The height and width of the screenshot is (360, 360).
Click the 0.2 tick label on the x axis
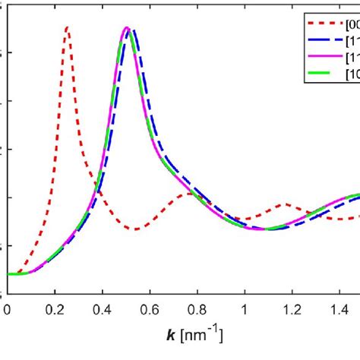pos(55,309)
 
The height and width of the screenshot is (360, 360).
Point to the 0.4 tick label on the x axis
pos(102,309)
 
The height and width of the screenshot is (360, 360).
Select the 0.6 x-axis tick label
pos(150,309)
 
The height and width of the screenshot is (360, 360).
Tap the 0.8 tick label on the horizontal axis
pos(197,309)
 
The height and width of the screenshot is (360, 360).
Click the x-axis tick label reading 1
pos(245,309)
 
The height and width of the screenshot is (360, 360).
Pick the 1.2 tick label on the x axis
pos(292,309)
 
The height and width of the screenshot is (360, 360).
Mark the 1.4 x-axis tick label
pos(339,309)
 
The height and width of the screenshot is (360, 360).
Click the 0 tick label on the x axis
pos(7,309)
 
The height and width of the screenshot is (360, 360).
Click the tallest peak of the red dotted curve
pos(67,27)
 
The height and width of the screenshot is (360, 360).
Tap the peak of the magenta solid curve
pos(126,28)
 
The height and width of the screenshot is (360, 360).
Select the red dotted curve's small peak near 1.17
pos(286,204)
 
